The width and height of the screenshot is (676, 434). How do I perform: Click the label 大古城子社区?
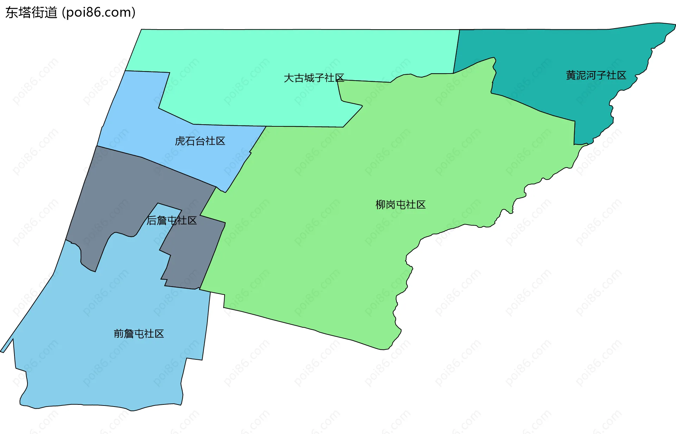pos(314,78)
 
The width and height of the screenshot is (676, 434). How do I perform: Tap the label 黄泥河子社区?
pos(596,75)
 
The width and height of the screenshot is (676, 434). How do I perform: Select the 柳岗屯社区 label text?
pos(400,205)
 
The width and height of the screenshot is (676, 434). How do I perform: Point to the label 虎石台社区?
pos(200,141)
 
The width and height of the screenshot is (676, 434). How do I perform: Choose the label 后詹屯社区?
pos(171,220)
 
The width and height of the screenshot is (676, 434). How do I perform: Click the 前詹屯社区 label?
pos(139,333)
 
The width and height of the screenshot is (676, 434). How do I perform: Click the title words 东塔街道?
pos(31,13)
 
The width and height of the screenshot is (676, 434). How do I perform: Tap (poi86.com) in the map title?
pos(99,13)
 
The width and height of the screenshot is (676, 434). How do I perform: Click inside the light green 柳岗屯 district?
pos(352,246)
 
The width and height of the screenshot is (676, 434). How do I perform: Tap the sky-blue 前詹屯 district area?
pos(106,370)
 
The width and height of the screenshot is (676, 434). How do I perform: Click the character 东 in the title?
pos(12,13)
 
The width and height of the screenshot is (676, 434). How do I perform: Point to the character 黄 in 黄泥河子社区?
pos(571,75)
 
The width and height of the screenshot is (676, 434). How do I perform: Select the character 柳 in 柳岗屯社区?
pos(381,205)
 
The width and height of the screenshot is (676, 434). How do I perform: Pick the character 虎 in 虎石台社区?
pos(180,141)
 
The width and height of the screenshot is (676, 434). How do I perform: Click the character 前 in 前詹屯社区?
pos(119,333)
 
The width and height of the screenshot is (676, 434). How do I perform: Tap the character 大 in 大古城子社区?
pos(289,78)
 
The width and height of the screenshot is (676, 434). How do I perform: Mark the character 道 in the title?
pos(51,13)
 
